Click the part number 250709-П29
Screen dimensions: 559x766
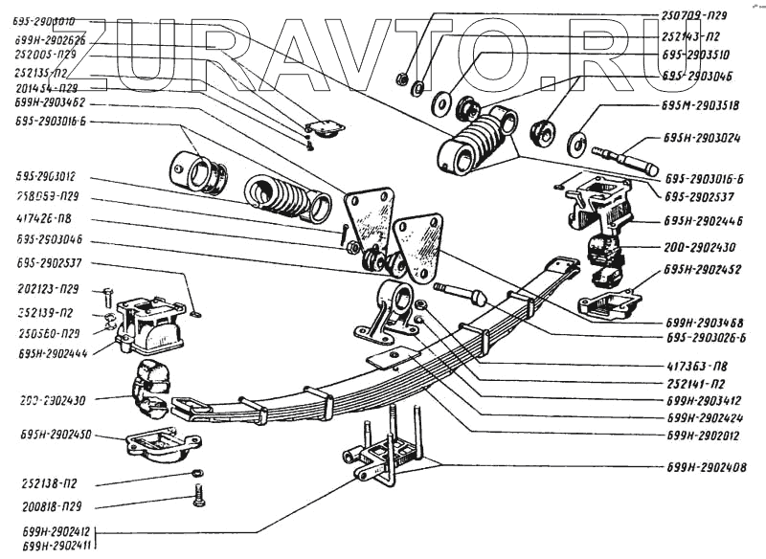coord(700,15)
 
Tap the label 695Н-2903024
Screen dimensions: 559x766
coord(701,137)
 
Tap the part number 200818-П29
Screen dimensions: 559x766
coord(56,503)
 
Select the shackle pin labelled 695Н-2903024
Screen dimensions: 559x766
coord(623,158)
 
